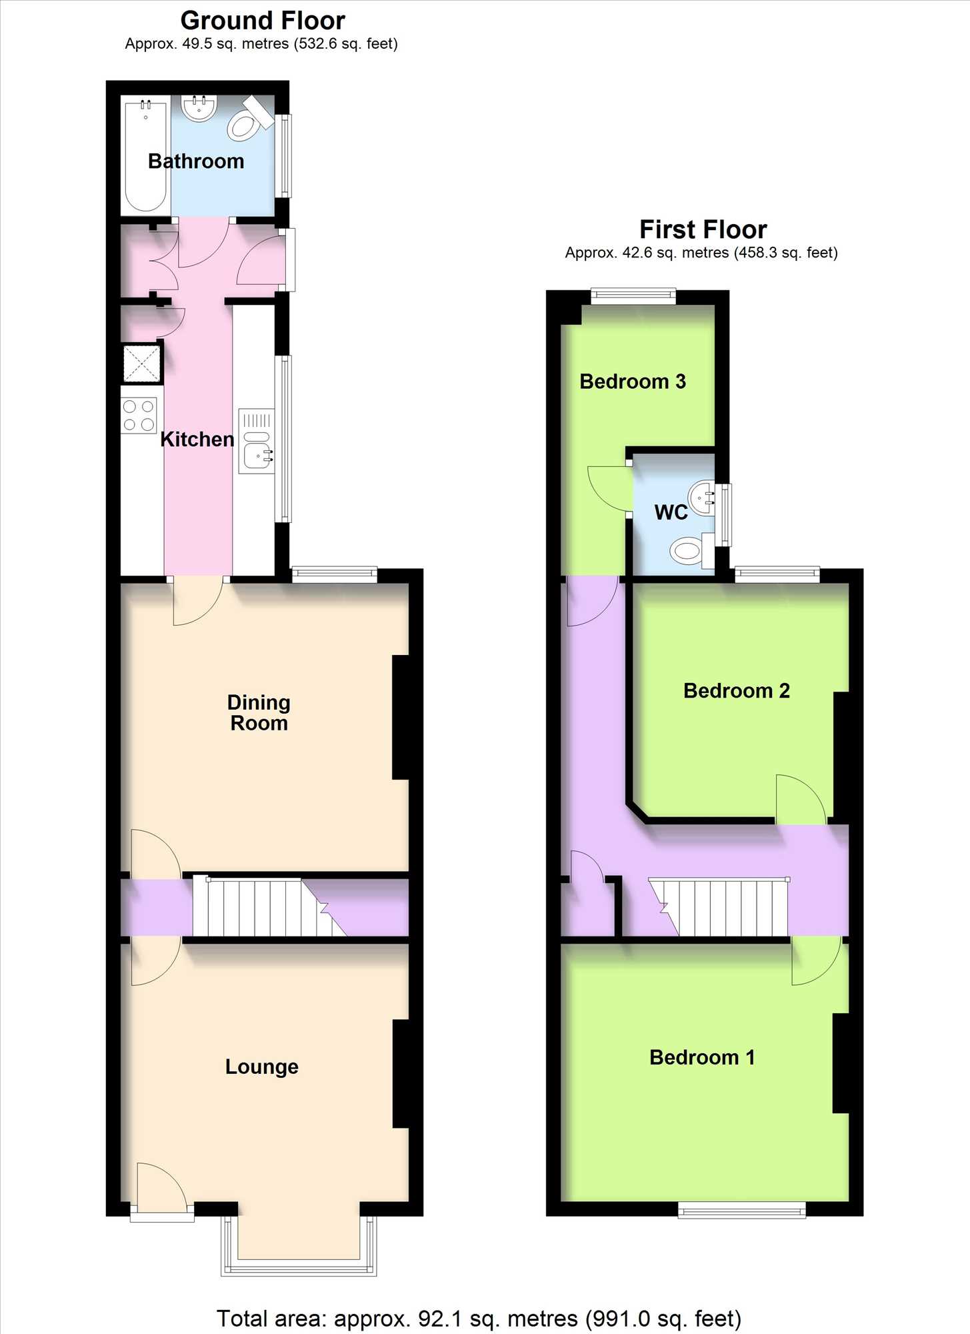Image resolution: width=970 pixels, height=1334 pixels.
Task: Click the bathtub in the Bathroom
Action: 145,155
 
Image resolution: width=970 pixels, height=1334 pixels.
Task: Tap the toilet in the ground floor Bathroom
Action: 249,119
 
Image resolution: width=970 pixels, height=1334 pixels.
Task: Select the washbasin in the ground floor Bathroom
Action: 199,108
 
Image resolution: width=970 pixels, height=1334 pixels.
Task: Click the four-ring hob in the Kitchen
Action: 139,415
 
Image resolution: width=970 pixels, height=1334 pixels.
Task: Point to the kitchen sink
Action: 257,441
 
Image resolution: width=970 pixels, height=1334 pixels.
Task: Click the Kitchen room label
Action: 197,439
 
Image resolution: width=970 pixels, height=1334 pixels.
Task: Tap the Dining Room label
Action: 259,712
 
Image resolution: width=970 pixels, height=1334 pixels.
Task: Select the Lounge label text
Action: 261,1067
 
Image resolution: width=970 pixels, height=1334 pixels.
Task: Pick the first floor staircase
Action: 719,907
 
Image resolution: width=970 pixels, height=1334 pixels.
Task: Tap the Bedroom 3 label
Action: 633,382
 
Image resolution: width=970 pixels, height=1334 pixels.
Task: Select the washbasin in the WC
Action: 701,498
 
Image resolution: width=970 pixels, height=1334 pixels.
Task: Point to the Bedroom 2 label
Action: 737,690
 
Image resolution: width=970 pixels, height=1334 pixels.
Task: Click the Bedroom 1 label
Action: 702,1057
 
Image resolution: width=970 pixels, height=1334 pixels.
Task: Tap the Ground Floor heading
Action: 263,21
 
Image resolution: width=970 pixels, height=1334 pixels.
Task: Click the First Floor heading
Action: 703,229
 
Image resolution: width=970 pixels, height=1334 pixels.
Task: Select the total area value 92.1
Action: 440,1319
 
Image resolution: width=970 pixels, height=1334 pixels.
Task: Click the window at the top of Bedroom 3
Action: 633,296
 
